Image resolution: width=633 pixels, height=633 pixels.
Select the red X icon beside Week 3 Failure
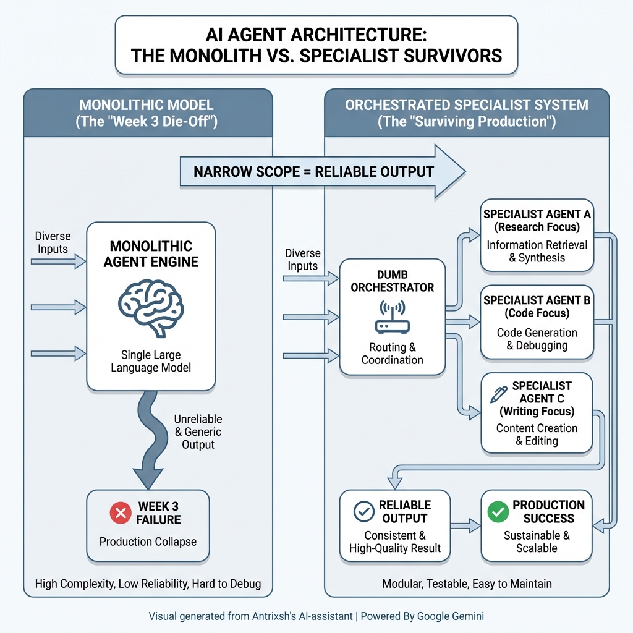119,513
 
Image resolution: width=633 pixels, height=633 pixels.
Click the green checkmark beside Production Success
498,512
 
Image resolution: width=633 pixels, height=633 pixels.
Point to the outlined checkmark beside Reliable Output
363,512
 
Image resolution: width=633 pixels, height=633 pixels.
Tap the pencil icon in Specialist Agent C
498,394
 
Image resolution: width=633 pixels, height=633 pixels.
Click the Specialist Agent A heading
537,221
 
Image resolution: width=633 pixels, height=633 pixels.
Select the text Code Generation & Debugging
537,339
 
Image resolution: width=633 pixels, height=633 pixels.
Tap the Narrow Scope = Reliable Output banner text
313,171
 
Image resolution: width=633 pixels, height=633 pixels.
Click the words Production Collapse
148,542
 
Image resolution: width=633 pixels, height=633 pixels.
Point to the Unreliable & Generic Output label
198,432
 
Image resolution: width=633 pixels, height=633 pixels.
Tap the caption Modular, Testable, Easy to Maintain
467,583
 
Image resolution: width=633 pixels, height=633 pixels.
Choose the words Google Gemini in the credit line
449,616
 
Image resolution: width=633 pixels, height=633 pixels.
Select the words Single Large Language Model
151,361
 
